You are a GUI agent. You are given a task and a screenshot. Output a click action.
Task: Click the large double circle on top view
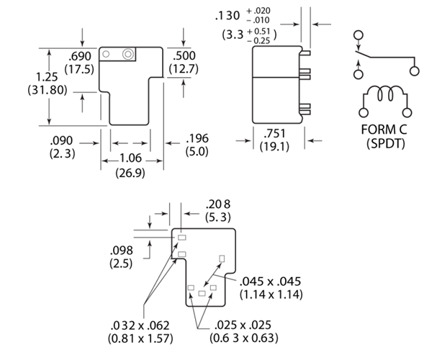pyautogui.click(x=127, y=55)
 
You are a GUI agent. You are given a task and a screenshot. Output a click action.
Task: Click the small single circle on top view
pyautogui.click(x=106, y=54)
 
